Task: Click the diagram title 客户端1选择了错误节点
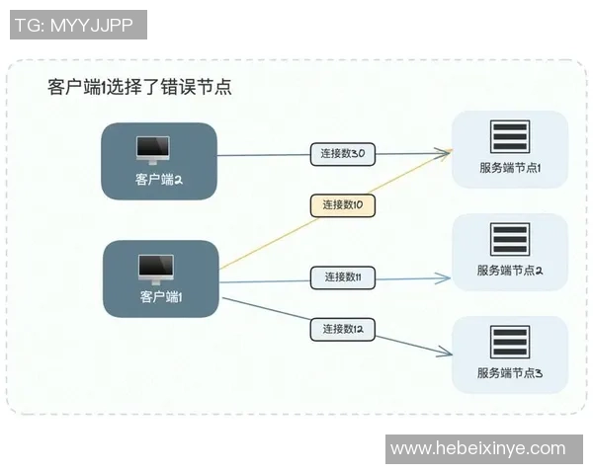(139, 86)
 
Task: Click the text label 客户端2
(158, 180)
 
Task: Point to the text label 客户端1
(161, 296)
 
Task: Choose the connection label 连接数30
(343, 154)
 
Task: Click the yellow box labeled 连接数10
(343, 205)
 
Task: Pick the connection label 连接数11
(343, 277)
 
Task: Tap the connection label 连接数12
(343, 328)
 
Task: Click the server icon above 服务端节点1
(510, 137)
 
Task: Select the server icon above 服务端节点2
(510, 240)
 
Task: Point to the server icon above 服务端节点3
(510, 342)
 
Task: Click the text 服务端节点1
(510, 168)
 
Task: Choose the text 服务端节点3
(510, 373)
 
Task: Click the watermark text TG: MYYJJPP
(78, 26)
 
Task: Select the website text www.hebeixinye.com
(478, 448)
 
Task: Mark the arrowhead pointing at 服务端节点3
(446, 350)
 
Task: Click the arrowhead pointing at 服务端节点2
(446, 277)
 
